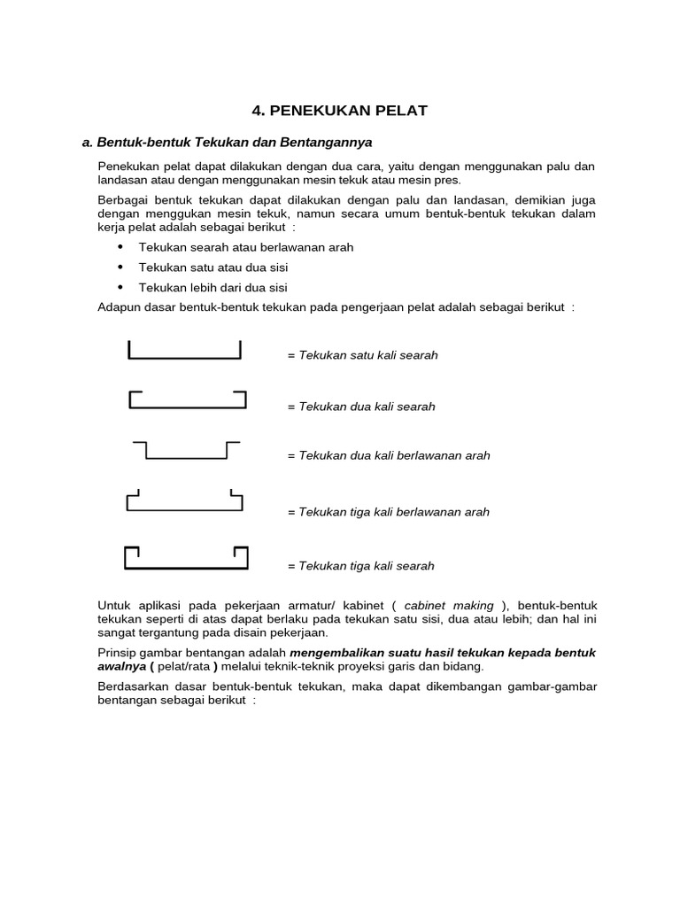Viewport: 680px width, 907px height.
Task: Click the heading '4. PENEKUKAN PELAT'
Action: tap(339, 111)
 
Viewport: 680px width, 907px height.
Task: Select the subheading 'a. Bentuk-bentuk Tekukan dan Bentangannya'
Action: tap(227, 142)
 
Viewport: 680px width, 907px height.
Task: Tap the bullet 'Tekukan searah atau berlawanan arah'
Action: tap(246, 247)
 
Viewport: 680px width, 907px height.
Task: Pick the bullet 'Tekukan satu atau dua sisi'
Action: tap(213, 267)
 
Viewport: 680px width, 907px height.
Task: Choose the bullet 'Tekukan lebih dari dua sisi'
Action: tap(213, 288)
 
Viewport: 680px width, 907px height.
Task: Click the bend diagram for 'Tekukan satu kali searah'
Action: tap(184, 351)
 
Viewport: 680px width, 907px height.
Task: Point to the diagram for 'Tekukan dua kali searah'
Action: tap(187, 400)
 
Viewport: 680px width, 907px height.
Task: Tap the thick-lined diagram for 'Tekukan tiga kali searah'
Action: tap(185, 558)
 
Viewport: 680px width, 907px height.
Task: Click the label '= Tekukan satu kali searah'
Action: tap(362, 355)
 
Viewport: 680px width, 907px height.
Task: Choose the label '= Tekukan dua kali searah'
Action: tap(361, 407)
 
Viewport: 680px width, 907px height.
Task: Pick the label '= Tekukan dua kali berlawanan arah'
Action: tap(389, 456)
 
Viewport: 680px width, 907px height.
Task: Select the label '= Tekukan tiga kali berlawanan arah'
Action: tap(388, 512)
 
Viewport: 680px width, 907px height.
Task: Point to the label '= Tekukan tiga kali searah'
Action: tap(361, 566)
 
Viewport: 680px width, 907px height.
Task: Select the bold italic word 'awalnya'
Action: tap(120, 667)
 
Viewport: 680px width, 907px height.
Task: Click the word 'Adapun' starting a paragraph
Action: tap(118, 307)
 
